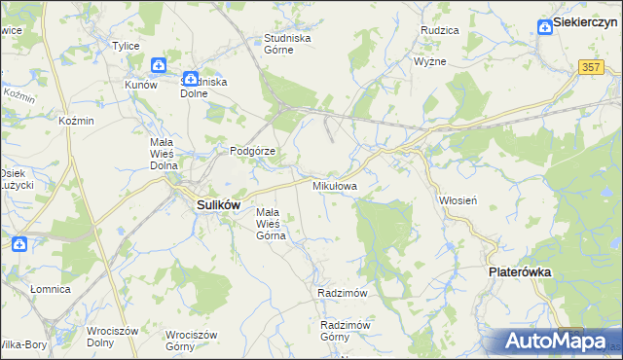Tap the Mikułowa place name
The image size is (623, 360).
(x=334, y=185)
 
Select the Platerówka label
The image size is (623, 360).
(x=519, y=273)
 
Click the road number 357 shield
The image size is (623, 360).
(x=591, y=66)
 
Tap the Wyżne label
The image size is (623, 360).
(x=429, y=60)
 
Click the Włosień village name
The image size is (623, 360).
(x=458, y=199)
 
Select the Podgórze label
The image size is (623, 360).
(x=254, y=152)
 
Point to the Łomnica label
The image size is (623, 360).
(x=50, y=289)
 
